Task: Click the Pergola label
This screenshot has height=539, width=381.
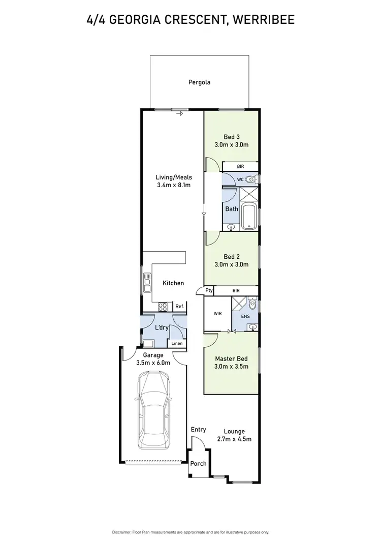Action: coord(199,82)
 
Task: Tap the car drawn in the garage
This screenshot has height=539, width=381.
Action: coord(152,408)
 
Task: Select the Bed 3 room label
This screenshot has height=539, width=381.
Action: coord(232,136)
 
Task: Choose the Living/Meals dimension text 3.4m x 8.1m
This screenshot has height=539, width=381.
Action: coord(173,185)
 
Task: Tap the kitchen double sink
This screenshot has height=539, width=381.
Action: coord(147,282)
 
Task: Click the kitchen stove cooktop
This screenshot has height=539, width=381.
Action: coord(163,306)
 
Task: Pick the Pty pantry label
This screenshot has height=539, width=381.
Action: coord(208,290)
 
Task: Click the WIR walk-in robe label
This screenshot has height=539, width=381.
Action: coord(217,314)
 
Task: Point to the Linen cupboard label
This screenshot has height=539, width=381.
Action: coord(177,344)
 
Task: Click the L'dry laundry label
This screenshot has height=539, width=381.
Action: coord(162,328)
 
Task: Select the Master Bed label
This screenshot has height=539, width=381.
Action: coord(231,358)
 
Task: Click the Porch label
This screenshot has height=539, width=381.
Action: coord(198,464)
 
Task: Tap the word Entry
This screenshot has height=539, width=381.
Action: coord(198,430)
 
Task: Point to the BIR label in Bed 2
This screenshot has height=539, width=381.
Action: coord(236,290)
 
